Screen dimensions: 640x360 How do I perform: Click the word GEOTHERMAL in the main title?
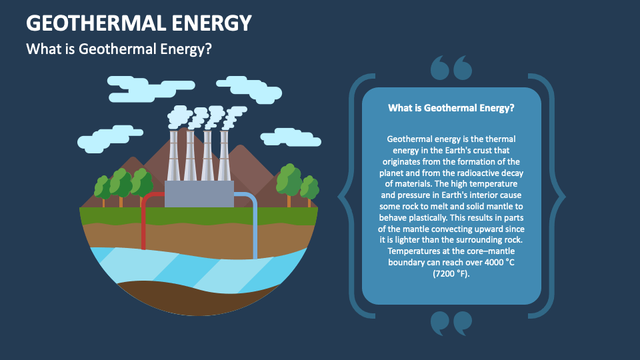[95, 23]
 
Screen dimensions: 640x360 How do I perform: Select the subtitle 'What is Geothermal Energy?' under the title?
[119, 49]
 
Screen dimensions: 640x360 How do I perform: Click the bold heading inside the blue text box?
[451, 108]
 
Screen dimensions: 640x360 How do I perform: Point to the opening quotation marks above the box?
[451, 68]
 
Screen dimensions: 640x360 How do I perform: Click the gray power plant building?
[199, 194]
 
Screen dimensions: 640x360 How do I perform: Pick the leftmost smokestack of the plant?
[173, 156]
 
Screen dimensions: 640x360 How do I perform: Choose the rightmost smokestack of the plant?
[224, 156]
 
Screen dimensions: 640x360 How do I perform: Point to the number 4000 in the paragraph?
[494, 263]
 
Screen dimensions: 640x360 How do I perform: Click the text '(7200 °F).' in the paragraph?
[451, 273]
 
